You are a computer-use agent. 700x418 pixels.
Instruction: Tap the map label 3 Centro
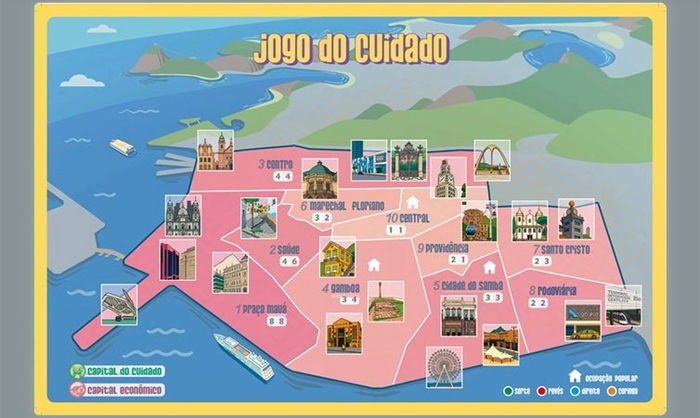coord(275,164)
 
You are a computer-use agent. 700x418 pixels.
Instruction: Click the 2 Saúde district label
coord(285,249)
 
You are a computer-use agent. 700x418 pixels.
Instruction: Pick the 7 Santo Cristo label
coord(563,249)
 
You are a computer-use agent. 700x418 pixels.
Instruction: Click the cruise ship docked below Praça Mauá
coord(244,357)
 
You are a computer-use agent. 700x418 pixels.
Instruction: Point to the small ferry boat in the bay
coord(122,147)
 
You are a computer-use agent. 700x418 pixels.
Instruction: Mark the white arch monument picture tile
coord(492,159)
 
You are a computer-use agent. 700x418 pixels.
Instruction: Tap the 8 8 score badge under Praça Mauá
coord(277,321)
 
